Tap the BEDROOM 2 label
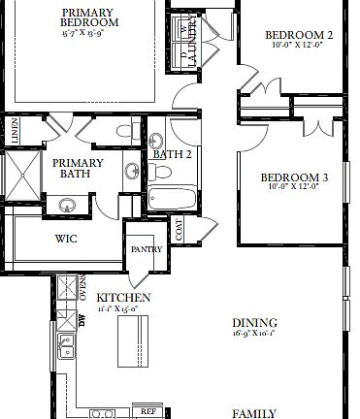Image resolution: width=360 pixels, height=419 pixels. [x=299, y=36]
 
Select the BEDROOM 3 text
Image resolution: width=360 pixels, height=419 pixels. [x=295, y=177]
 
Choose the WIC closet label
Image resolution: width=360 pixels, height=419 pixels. [x=66, y=238]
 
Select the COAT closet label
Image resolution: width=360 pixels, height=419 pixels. [x=179, y=229]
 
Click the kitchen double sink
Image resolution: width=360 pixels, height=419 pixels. [x=66, y=345]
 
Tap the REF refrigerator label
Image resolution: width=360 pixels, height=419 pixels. [x=148, y=411]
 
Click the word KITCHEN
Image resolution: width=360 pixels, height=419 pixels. [x=122, y=297]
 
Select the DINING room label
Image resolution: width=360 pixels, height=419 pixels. [x=254, y=323]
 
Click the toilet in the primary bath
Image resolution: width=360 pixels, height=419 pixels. [x=123, y=130]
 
